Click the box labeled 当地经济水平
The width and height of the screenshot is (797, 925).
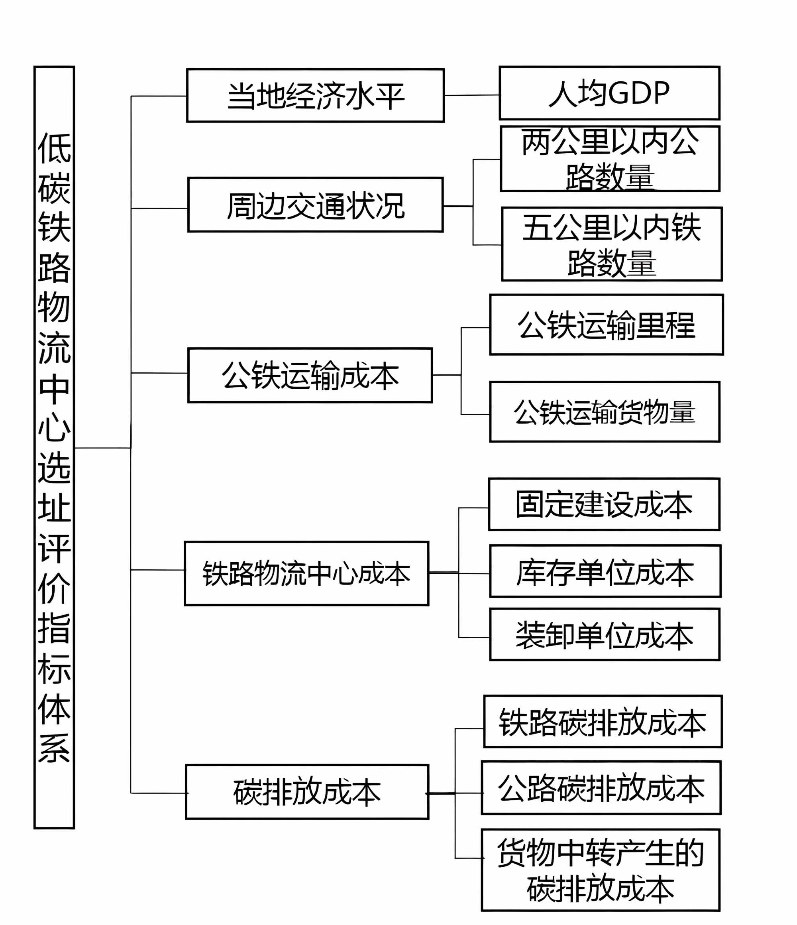(x=315, y=96)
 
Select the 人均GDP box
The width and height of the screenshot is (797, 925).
(x=609, y=93)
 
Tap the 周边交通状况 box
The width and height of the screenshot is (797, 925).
(x=315, y=205)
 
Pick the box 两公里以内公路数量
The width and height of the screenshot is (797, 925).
(x=610, y=159)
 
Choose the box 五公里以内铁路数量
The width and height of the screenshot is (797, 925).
(x=611, y=244)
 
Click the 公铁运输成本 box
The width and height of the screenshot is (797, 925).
(x=310, y=376)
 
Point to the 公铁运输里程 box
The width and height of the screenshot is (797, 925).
(x=606, y=325)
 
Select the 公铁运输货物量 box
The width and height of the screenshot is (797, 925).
(x=604, y=412)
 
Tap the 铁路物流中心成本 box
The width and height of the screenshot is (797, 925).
(x=306, y=574)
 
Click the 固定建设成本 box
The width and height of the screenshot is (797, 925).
(x=604, y=504)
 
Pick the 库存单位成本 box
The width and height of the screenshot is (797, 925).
(x=605, y=571)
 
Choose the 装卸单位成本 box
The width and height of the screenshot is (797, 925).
(x=604, y=634)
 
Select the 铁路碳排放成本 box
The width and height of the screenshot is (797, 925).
(x=603, y=722)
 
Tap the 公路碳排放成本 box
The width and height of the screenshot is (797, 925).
(x=601, y=788)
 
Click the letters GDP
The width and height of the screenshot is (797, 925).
(x=639, y=93)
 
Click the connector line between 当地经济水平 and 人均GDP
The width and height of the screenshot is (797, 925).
(x=472, y=95)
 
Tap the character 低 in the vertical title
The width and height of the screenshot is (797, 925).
(x=54, y=148)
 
